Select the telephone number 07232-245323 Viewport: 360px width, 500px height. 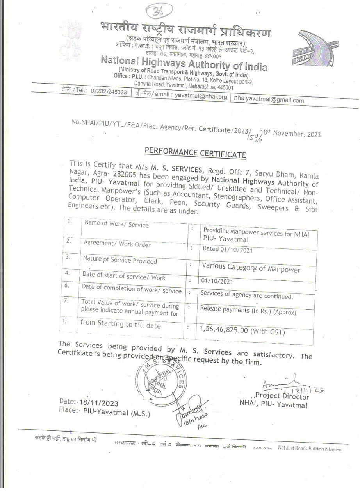[109, 92]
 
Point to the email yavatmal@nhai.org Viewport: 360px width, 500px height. [201, 96]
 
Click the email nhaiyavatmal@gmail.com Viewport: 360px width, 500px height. [269, 100]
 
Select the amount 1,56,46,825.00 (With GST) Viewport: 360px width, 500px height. [242, 331]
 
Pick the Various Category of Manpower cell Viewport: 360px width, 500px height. [251, 269]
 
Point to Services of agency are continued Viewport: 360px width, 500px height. [246, 295]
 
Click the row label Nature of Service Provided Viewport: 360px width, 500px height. [120, 261]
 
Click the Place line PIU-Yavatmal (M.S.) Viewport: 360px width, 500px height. [104, 412]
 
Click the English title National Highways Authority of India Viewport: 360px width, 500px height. [184, 63]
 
